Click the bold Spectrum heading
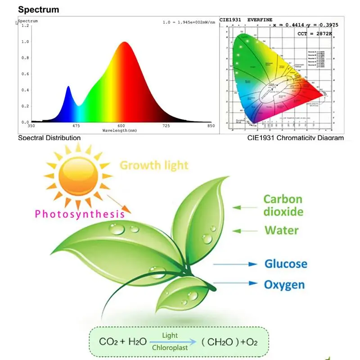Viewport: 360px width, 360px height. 38,9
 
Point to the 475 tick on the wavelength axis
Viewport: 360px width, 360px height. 76,126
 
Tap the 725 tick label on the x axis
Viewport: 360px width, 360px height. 166,126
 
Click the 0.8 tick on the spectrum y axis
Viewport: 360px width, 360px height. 26,58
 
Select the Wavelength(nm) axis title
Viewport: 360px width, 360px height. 120,130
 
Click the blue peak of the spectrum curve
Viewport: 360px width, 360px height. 68,87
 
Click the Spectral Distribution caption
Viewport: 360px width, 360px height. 49,138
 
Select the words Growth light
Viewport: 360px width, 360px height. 154,165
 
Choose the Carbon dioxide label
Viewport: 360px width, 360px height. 283,205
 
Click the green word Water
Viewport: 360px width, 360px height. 281,230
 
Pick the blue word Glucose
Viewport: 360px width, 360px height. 286,264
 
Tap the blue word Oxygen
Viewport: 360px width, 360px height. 284,284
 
